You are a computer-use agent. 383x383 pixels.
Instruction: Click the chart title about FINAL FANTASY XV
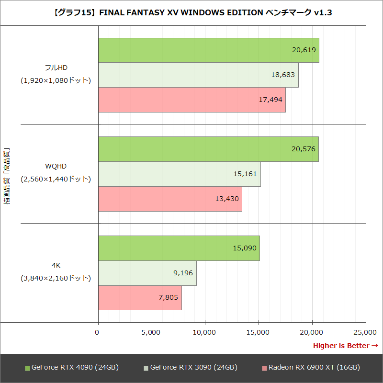[x=191, y=13]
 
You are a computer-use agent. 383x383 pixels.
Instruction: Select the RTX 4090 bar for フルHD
[x=208, y=50]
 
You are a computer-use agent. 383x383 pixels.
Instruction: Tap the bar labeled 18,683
[x=198, y=75]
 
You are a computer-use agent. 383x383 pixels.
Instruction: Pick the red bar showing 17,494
[x=191, y=100]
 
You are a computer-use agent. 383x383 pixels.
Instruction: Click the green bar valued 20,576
[x=208, y=149]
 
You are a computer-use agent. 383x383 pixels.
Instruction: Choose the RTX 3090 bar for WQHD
[x=179, y=174]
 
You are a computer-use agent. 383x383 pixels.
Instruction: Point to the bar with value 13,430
[x=170, y=199]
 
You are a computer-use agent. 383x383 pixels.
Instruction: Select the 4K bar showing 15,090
[x=179, y=248]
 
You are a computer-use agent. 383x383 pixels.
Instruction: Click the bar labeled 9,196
[x=147, y=273]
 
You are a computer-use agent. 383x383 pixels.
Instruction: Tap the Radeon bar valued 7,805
[x=140, y=298]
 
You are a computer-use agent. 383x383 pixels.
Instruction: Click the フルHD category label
[x=56, y=67]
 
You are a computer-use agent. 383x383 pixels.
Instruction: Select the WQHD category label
[x=56, y=166]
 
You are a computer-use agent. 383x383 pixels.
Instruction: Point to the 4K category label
[x=56, y=265]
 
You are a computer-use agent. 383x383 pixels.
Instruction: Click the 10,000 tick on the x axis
[x=205, y=332]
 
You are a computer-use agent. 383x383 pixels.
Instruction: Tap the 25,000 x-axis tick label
[x=365, y=332]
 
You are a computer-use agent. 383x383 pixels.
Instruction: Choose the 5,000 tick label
[x=151, y=332]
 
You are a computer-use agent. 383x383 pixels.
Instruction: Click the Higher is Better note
[x=345, y=346]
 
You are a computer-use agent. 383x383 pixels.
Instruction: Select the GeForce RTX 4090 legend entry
[x=72, y=368]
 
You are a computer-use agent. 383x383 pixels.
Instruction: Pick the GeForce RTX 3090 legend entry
[x=191, y=368]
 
